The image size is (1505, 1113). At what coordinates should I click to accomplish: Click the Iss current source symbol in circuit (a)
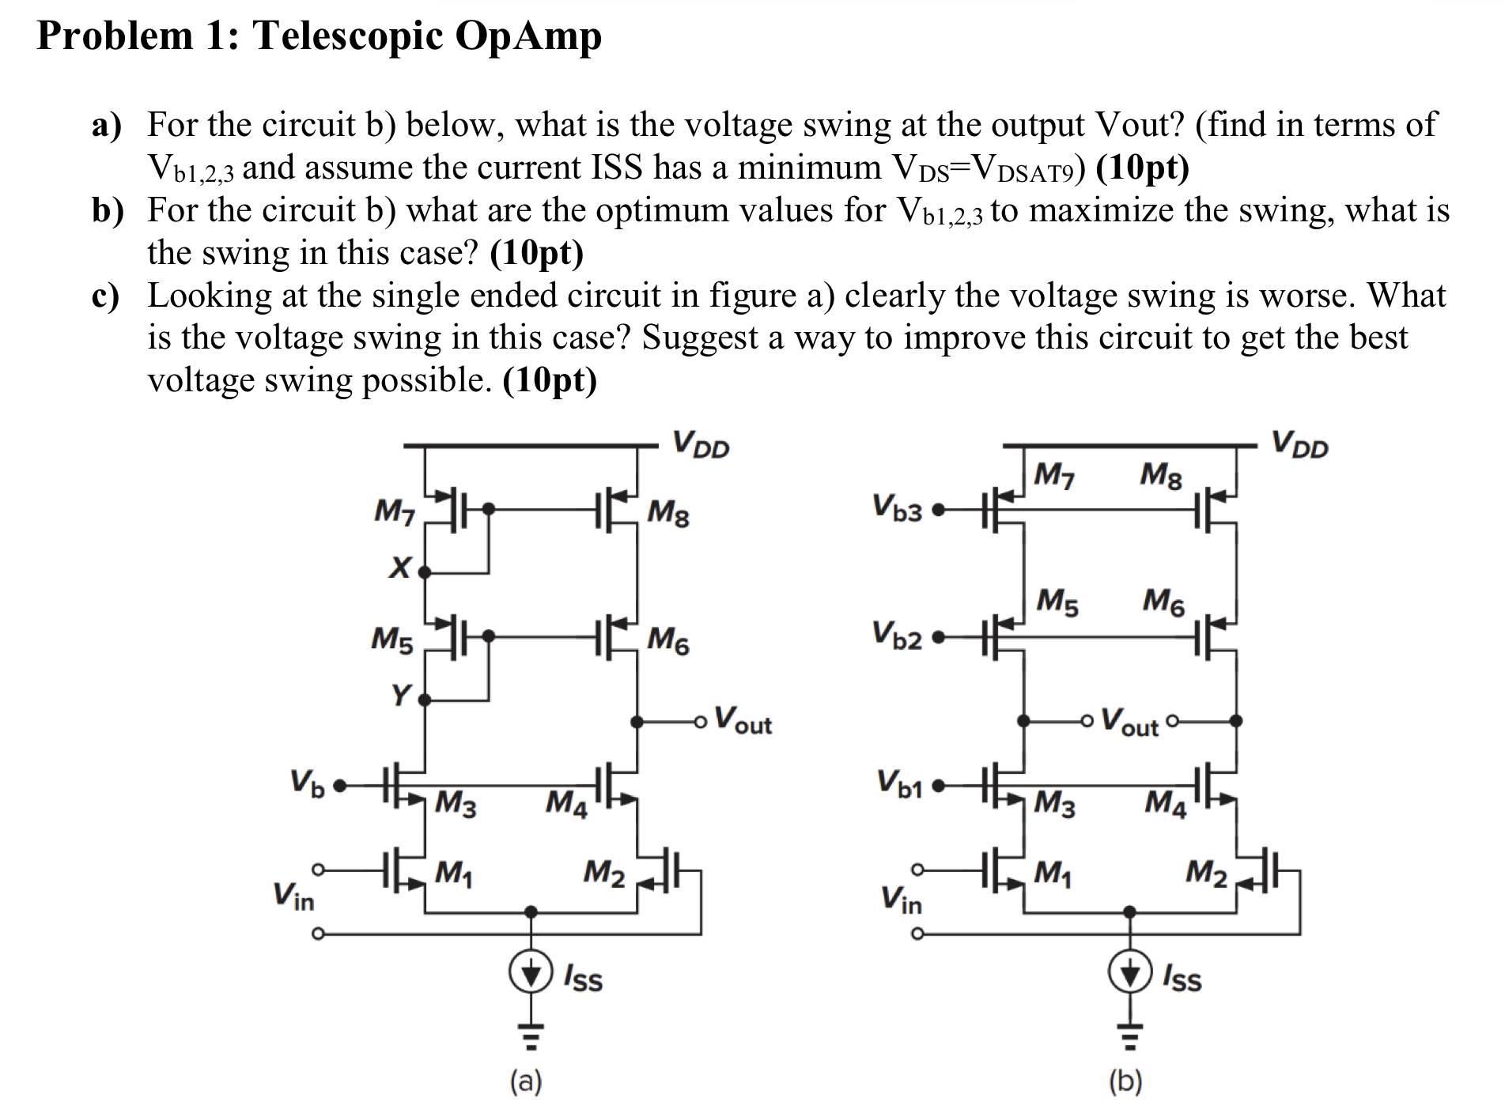coord(530,973)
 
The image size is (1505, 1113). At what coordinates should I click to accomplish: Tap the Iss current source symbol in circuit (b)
coord(1129,973)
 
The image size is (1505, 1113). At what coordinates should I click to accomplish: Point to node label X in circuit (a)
coord(401,568)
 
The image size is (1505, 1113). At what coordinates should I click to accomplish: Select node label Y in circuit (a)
coord(402,696)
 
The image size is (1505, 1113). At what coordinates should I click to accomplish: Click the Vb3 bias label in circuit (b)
coord(897,507)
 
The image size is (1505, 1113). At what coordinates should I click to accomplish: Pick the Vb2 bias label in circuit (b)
coord(897,635)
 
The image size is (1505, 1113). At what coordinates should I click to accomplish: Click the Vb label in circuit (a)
coord(307,783)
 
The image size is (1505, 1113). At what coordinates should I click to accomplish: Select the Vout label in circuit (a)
coord(743,720)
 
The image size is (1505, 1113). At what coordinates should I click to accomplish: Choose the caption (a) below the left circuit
coord(526,1081)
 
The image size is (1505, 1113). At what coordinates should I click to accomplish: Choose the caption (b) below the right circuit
coord(1125,1081)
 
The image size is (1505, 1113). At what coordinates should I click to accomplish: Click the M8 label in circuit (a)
coord(667,514)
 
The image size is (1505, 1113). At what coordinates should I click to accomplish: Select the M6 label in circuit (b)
coord(1163,602)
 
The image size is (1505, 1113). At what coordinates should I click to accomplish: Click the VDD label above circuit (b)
coord(1299,444)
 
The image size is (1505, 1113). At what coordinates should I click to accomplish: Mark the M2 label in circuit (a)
coord(604,873)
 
